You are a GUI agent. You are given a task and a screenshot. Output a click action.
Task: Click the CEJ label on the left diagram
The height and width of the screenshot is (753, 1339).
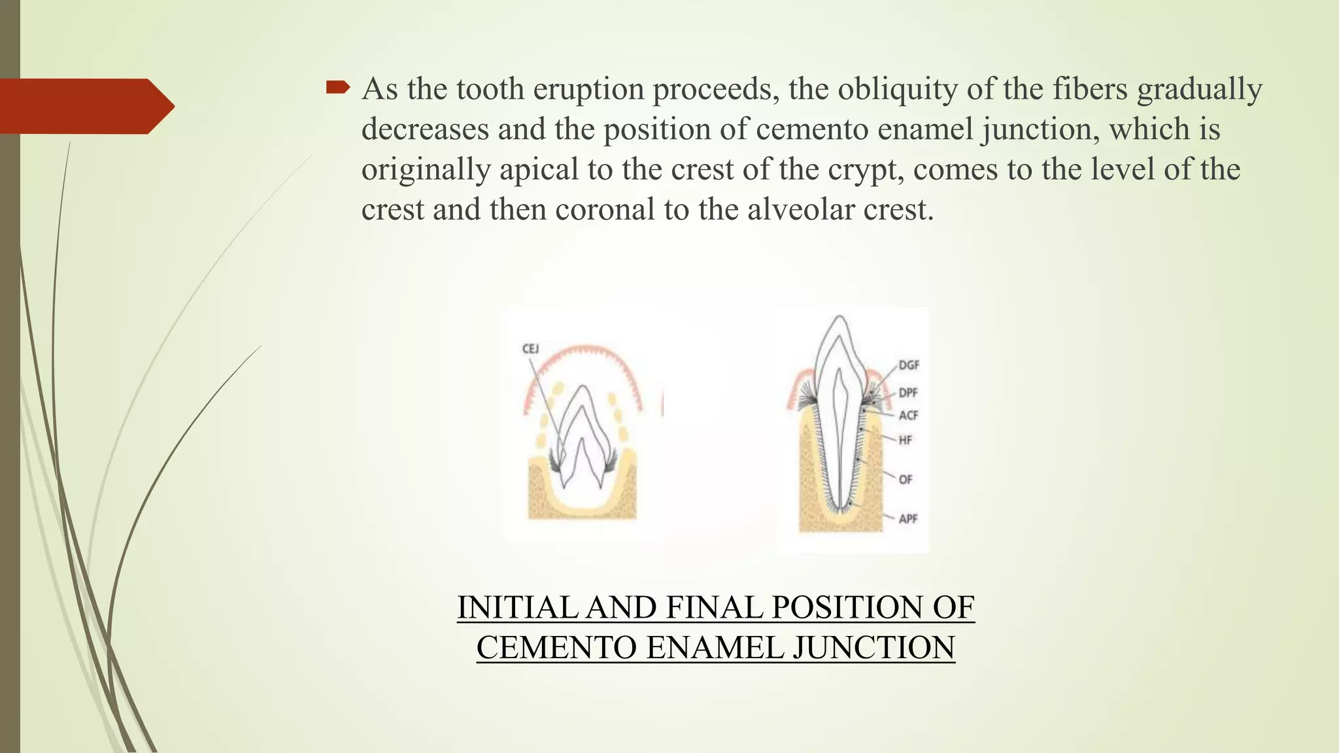point(530,349)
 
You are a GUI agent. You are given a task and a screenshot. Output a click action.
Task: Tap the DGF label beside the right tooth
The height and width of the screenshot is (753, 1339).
point(908,365)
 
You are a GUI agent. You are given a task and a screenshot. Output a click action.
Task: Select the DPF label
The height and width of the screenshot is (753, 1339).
point(908,393)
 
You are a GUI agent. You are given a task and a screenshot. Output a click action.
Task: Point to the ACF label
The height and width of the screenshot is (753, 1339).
point(908,416)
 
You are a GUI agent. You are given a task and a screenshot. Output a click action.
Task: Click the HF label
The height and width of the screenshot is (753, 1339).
point(905,441)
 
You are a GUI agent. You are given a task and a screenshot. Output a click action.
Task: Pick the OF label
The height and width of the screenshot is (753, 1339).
point(905,480)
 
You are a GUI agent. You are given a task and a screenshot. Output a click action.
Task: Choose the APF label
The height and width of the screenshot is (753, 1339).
point(908,519)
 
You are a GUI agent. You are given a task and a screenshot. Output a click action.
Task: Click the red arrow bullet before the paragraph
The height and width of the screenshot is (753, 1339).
point(338,88)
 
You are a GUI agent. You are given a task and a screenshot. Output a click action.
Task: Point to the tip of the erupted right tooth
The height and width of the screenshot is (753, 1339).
point(839,318)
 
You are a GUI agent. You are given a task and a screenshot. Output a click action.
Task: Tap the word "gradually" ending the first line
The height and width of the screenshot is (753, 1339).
point(1199,90)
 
